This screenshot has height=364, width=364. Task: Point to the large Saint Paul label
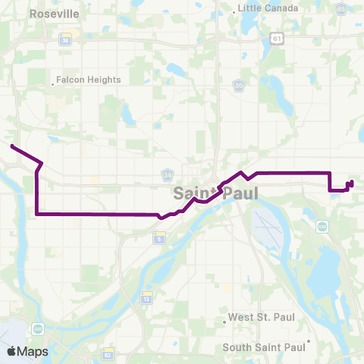coord(215,193)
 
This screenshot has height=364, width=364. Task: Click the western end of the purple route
coord(12,145)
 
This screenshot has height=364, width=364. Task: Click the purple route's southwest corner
coord(36,215)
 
